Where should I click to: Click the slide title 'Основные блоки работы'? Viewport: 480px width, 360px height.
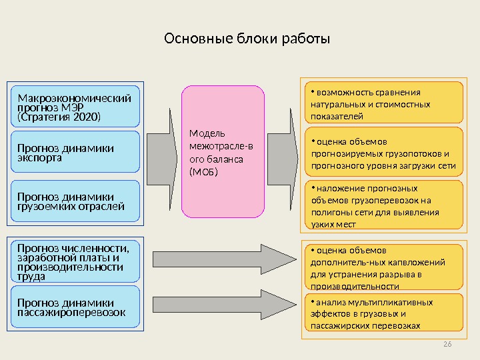coord(247,41)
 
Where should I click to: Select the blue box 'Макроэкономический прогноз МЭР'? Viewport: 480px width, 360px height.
coord(75,106)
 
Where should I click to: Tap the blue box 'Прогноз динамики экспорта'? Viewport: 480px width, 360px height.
coord(75,153)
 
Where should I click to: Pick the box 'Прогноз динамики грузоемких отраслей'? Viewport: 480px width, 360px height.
coord(75,201)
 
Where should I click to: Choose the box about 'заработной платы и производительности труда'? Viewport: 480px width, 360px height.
coord(75,261)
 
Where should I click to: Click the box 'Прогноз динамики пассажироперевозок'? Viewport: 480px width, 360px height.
coord(75,307)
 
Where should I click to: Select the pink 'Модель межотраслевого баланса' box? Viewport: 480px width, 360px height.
coord(223,152)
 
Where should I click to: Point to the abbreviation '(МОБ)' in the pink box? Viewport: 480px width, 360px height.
coord(204,172)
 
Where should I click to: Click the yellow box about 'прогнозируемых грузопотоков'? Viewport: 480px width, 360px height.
coord(383,151)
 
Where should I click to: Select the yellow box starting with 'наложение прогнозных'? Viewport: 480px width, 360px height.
coord(383,205)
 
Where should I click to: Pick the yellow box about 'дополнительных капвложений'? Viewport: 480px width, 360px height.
coord(383,267)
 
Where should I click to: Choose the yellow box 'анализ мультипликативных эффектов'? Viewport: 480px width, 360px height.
coord(383,313)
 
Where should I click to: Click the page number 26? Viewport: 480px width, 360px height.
coord(447,343)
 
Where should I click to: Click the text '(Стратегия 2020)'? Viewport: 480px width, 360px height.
coord(59,117)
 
